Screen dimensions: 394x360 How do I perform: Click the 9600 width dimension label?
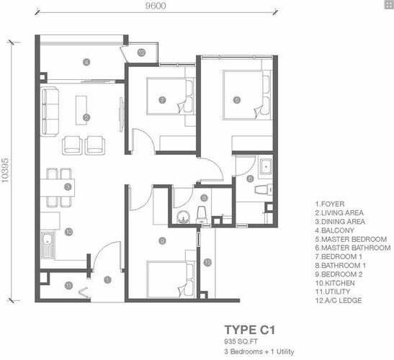point(156,6)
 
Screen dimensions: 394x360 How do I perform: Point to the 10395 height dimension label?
point(5,170)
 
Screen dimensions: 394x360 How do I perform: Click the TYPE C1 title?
point(250,330)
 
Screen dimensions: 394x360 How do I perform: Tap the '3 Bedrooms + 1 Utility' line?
point(259,351)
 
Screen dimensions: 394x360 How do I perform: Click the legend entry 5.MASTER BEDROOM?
point(351,239)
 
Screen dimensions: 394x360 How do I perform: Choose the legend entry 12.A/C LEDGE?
point(339,300)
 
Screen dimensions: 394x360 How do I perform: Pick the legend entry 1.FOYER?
point(330,204)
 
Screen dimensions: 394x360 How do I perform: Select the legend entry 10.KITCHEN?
point(335,283)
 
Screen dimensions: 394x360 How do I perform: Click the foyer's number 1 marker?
point(107,279)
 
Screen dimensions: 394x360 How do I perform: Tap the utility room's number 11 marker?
point(68,285)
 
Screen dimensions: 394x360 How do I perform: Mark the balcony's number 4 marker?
point(86,62)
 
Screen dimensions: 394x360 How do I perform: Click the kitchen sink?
point(48,245)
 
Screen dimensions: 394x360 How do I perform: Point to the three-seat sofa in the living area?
point(50,112)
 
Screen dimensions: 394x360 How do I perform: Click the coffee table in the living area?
point(81,110)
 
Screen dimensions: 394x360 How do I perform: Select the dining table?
point(58,187)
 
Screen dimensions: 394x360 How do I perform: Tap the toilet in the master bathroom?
point(264,189)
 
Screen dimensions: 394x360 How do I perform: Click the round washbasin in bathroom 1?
point(184,217)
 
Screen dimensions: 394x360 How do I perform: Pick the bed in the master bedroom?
point(247,95)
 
